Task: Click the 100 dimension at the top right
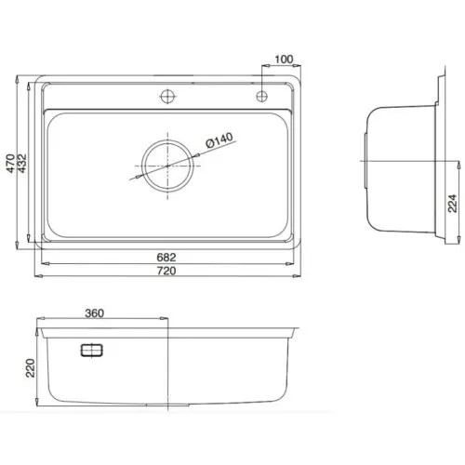[285, 60]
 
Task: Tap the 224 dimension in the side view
[453, 203]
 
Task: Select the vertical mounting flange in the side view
[434, 166]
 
